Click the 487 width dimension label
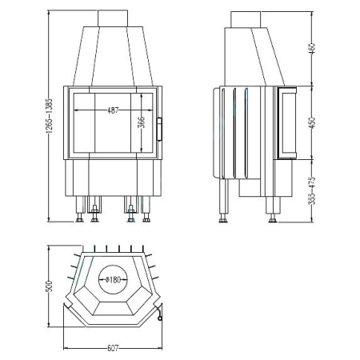click(x=112, y=110)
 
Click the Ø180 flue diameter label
click(x=113, y=280)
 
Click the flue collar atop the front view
click(x=112, y=18)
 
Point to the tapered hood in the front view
click(x=112, y=52)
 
